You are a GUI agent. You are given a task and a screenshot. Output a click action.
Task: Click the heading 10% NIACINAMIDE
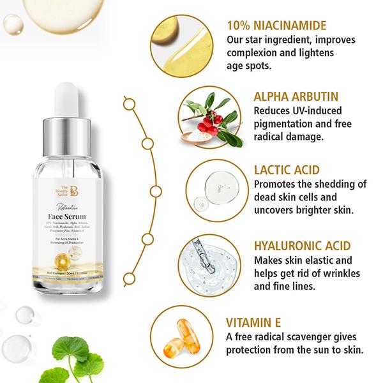(x=276, y=26)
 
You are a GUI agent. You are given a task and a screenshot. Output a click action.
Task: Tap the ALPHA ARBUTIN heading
(x=293, y=96)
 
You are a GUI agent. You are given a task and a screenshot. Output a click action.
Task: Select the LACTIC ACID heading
(x=286, y=170)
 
